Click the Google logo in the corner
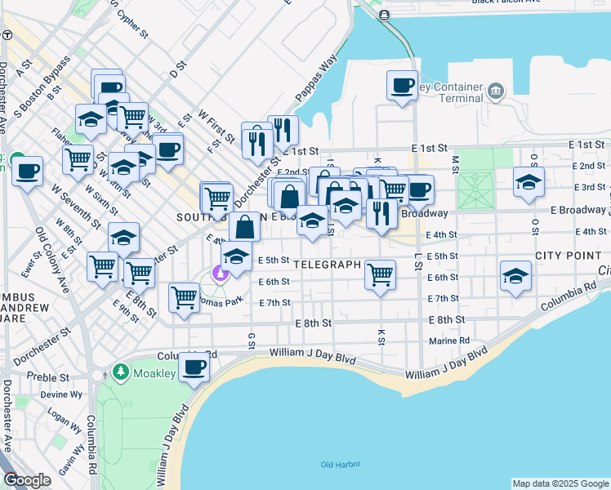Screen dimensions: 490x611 [x=27, y=480]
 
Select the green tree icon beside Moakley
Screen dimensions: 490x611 [x=122, y=373]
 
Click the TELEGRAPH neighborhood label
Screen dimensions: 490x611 [x=327, y=265]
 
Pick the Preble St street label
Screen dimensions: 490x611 [x=45, y=376]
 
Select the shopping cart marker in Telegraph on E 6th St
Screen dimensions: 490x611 [x=380, y=274]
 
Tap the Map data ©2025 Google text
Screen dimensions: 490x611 [x=560, y=483]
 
